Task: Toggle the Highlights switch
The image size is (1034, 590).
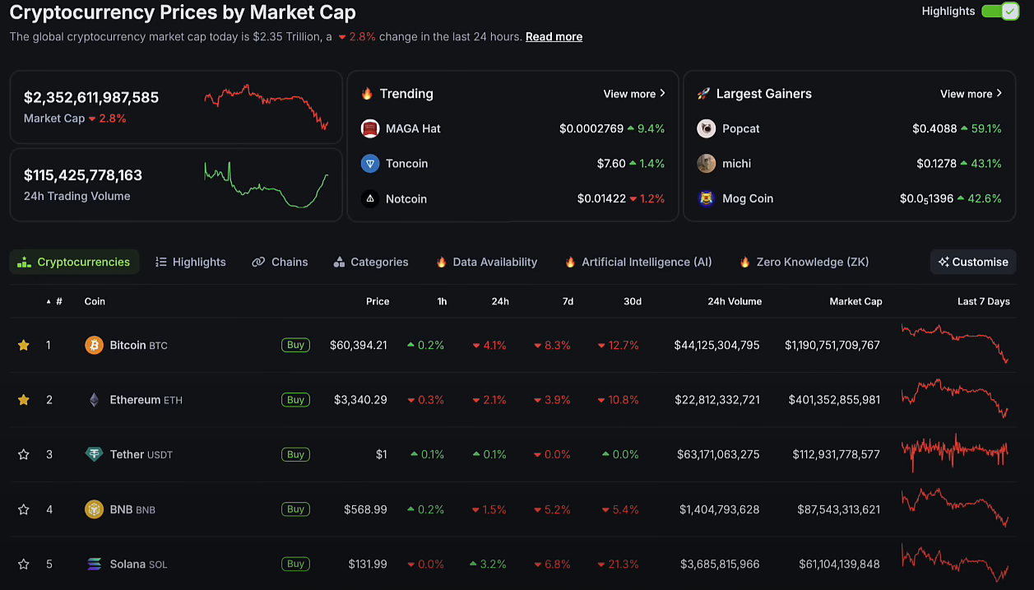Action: pos(1000,12)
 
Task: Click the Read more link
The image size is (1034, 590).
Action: pos(554,37)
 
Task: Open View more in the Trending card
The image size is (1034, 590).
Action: pos(634,94)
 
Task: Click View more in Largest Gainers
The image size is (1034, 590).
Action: pos(971,94)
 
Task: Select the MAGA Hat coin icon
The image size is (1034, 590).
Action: pos(370,128)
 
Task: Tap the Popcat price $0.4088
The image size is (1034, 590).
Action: pos(934,128)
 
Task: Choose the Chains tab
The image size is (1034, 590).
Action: pos(280,262)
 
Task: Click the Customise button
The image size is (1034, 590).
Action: pos(973,262)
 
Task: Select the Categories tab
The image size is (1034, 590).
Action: pos(371,262)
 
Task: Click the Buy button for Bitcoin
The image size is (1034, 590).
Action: pos(295,345)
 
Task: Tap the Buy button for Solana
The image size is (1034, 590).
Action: pos(295,564)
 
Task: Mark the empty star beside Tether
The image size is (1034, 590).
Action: pos(24,454)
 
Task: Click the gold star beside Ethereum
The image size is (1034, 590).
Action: pos(24,400)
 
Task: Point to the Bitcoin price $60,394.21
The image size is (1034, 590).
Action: pos(359,345)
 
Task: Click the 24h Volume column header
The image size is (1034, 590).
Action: pos(735,301)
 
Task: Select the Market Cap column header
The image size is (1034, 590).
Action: pos(855,301)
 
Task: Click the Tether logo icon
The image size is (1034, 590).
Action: pos(95,454)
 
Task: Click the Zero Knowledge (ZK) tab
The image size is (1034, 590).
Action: pos(804,262)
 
